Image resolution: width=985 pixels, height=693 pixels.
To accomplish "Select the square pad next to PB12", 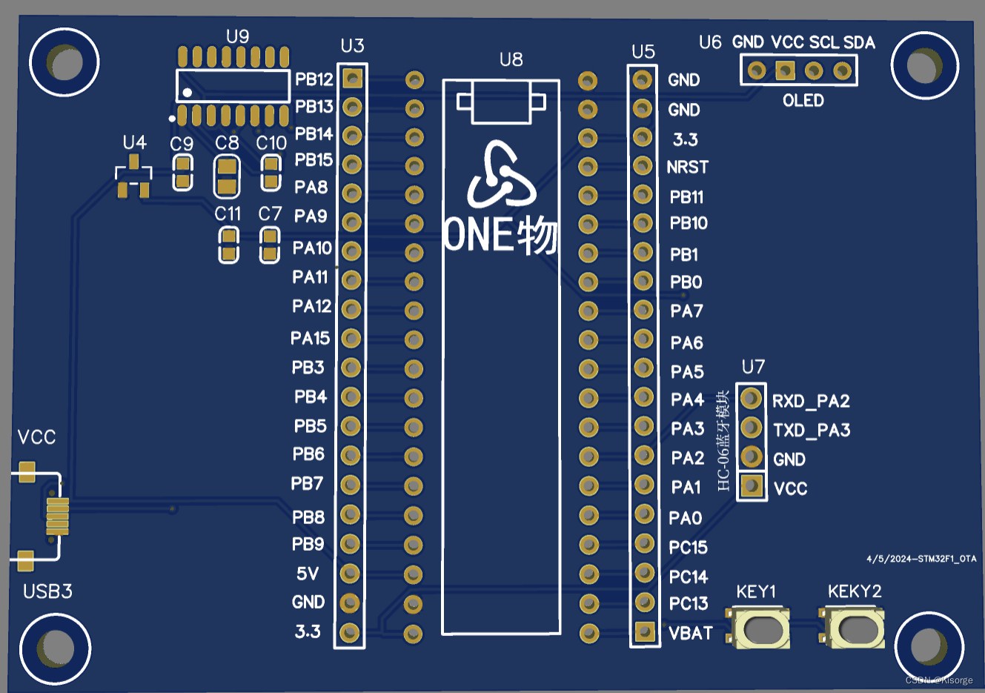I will click(353, 78).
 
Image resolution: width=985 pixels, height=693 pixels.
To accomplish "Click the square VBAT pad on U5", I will click(644, 631).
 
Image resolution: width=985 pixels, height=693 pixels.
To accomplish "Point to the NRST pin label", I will click(687, 168).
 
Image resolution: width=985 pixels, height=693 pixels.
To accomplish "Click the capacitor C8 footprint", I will click(227, 176).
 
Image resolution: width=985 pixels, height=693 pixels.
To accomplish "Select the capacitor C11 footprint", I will click(228, 245).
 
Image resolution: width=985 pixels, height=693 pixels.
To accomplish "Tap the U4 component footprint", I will click(134, 177).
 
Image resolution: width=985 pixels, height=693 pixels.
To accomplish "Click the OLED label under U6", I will click(803, 101).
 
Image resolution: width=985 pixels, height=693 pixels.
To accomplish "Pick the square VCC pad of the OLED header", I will click(785, 70).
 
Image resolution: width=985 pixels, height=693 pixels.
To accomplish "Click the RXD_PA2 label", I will click(811, 401).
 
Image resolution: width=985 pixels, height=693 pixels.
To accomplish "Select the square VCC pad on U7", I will click(752, 486).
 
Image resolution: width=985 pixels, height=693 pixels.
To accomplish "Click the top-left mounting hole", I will click(64, 63).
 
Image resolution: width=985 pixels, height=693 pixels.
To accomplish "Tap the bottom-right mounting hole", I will click(928, 647).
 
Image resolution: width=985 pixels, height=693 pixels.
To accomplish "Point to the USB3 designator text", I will click(47, 591).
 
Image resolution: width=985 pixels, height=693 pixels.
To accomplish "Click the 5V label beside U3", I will click(308, 574).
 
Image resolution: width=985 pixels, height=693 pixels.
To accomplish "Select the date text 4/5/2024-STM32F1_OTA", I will click(921, 559).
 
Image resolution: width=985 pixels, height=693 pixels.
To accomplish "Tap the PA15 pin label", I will click(310, 339).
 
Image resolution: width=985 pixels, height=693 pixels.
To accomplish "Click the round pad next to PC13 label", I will click(644, 602).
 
